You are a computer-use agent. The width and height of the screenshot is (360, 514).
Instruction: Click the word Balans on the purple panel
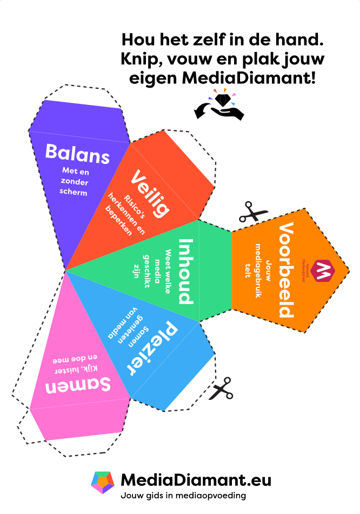click(x=77, y=153)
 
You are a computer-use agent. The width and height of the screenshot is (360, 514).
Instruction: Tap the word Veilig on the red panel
click(x=150, y=193)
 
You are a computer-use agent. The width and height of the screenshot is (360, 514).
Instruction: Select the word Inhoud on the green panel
click(x=185, y=271)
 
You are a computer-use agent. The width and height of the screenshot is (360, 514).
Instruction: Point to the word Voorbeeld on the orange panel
click(x=286, y=269)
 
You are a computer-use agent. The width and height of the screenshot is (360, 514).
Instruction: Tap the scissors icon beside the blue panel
click(x=221, y=388)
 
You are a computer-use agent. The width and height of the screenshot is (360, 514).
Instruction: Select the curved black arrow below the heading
click(x=202, y=111)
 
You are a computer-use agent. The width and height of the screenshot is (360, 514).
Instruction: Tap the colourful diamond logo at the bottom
click(x=102, y=482)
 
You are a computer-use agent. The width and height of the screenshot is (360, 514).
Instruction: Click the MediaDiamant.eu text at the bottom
click(x=196, y=479)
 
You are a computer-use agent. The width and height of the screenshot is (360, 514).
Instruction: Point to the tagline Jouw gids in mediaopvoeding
click(x=183, y=495)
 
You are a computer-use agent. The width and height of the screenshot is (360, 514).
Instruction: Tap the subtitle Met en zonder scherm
click(x=75, y=182)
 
